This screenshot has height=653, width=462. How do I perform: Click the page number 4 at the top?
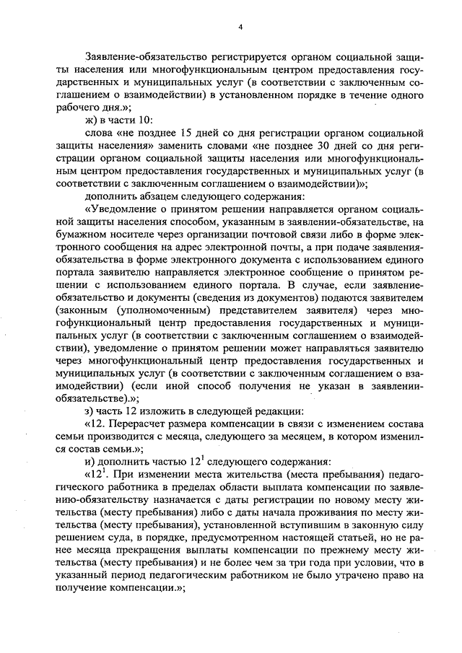[241, 27]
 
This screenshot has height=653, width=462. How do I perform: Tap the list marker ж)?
[92, 118]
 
